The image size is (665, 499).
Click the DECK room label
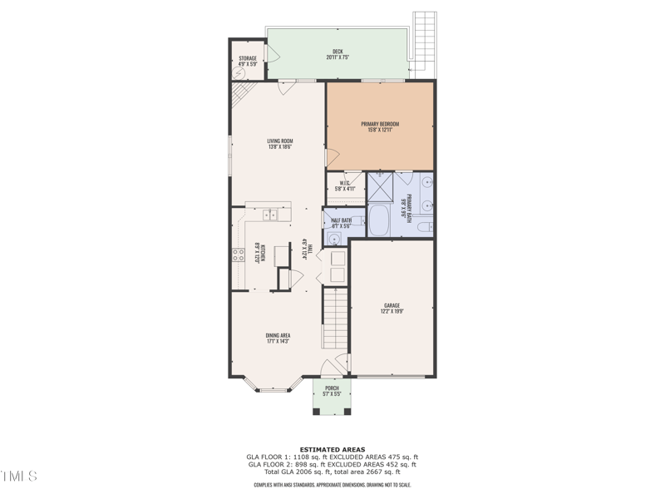[x=337, y=54]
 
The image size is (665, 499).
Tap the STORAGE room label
[x=247, y=61]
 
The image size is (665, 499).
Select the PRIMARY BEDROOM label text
[x=380, y=126]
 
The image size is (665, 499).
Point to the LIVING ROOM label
[x=279, y=144]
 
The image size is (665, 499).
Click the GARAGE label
[x=392, y=308]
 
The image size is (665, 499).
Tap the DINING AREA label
[x=278, y=338]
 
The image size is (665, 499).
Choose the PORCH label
[x=332, y=391]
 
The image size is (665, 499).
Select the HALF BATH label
[x=341, y=222]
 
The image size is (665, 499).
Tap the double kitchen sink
[x=271, y=215]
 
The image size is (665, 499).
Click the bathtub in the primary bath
[x=379, y=221]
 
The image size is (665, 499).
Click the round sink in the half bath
[x=333, y=238]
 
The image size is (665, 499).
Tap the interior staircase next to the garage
[x=334, y=319]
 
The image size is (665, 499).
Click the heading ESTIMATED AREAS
[x=332, y=449]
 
